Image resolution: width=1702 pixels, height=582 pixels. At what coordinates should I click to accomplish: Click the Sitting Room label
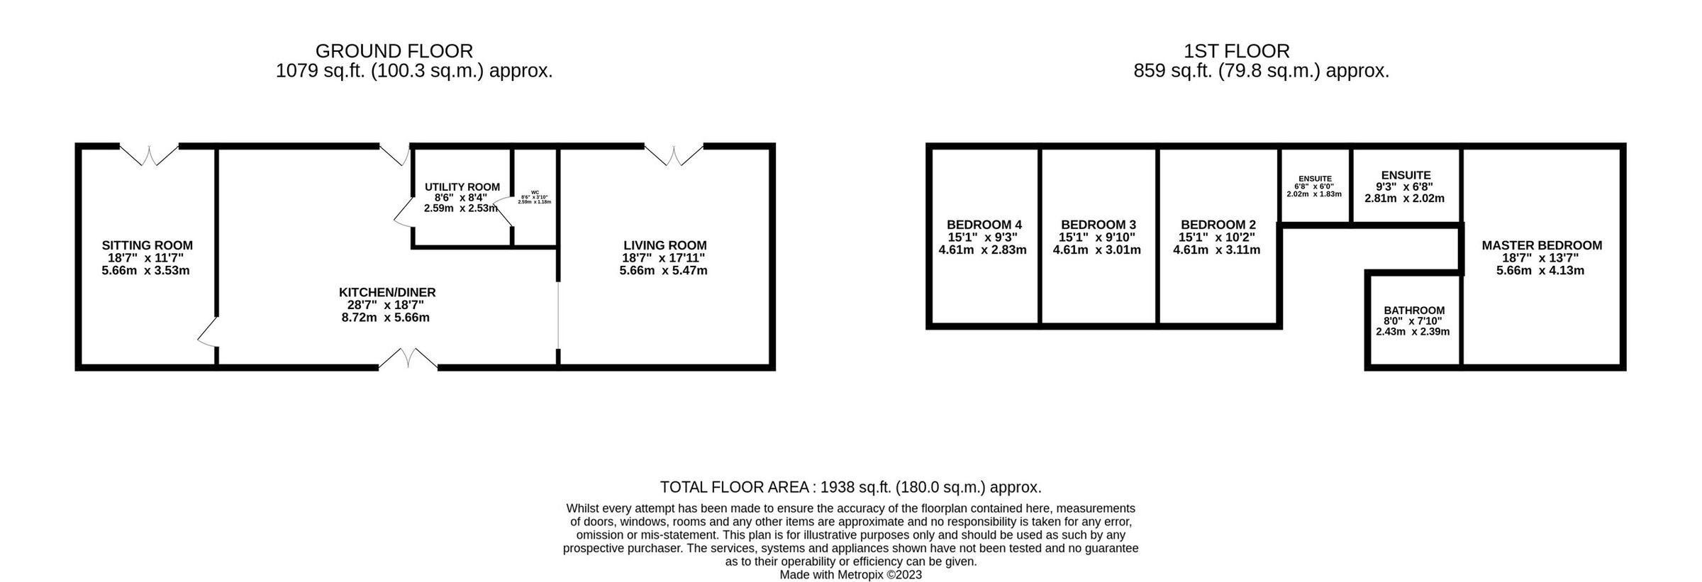[147, 245]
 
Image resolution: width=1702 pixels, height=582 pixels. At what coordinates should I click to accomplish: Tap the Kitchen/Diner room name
[386, 292]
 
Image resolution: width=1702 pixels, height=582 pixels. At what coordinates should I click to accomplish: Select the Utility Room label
[462, 187]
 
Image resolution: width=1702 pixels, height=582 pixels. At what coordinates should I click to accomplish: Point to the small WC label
[535, 192]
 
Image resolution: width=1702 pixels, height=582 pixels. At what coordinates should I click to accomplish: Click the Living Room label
[664, 245]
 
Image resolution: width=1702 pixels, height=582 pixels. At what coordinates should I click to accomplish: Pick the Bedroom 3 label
[1097, 225]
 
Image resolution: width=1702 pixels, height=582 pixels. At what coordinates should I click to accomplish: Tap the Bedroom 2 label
[1217, 225]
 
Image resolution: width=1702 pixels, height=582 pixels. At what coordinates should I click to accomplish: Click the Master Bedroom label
[1541, 245]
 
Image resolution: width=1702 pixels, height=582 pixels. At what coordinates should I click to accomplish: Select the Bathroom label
[1413, 310]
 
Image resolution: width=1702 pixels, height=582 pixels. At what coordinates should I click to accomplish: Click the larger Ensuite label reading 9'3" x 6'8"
[1406, 175]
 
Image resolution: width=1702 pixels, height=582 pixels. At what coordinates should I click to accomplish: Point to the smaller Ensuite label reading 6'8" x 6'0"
[1314, 179]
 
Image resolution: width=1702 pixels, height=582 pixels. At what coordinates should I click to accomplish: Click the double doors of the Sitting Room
[149, 155]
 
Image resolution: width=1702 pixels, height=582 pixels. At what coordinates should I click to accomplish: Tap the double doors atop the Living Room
[674, 155]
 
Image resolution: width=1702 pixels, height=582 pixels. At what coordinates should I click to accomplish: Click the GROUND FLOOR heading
[394, 51]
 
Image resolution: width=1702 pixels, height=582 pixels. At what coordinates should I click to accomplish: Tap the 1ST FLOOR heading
[1236, 51]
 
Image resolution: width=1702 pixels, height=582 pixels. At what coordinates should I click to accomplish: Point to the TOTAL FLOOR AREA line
[850, 487]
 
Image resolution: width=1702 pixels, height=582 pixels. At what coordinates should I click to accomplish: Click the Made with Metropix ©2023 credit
[850, 575]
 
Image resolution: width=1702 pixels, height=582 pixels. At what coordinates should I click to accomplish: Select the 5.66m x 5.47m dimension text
[663, 270]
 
